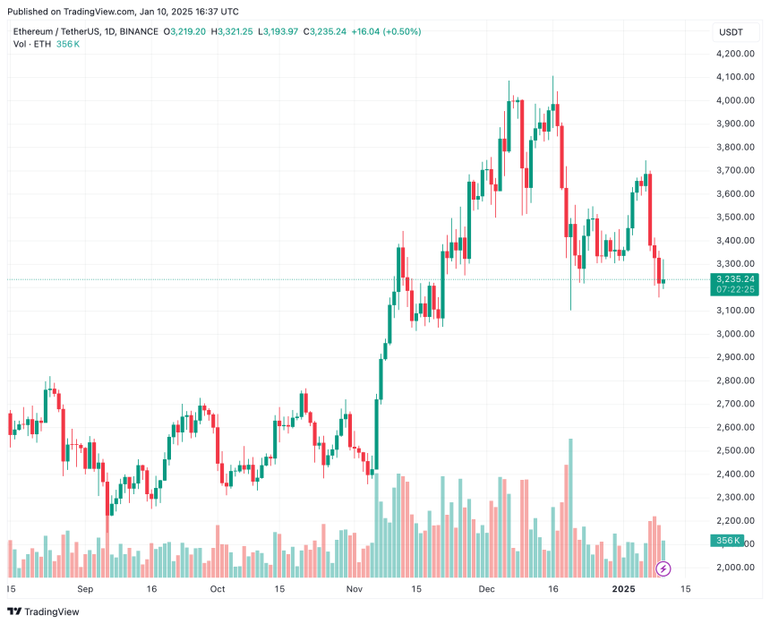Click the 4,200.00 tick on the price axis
click(x=735, y=54)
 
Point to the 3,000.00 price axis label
click(x=735, y=334)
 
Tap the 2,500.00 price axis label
click(x=735, y=450)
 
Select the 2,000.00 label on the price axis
click(x=735, y=568)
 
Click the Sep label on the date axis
click(x=85, y=590)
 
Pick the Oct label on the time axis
click(x=217, y=590)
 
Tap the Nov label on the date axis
click(x=354, y=590)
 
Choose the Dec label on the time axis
click(x=486, y=590)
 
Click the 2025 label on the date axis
click(x=622, y=590)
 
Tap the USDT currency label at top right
click(x=731, y=32)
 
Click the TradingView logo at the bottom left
click(x=45, y=611)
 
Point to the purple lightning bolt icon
click(x=663, y=568)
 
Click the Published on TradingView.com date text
click(x=125, y=12)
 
